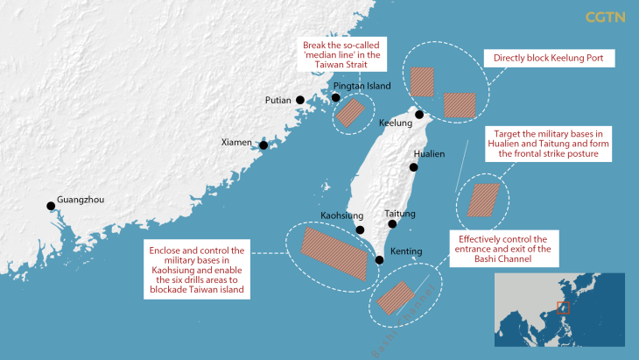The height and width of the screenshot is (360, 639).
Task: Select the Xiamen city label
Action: (235, 142)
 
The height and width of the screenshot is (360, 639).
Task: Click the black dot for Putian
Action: (300, 100)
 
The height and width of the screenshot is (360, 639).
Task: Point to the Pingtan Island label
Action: (362, 87)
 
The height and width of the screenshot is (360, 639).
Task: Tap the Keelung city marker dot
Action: (419, 115)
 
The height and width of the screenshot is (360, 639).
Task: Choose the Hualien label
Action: (429, 152)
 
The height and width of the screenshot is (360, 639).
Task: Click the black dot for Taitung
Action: (392, 224)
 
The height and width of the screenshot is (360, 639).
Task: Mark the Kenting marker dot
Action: (379, 259)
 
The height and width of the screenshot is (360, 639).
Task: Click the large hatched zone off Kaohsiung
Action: (334, 251)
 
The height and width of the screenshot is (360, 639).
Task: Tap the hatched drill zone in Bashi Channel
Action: (395, 297)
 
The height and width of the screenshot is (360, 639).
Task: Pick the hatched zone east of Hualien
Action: (482, 200)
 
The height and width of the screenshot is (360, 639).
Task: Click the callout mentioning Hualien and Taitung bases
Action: (548, 143)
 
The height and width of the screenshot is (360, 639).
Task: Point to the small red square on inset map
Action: (564, 307)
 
